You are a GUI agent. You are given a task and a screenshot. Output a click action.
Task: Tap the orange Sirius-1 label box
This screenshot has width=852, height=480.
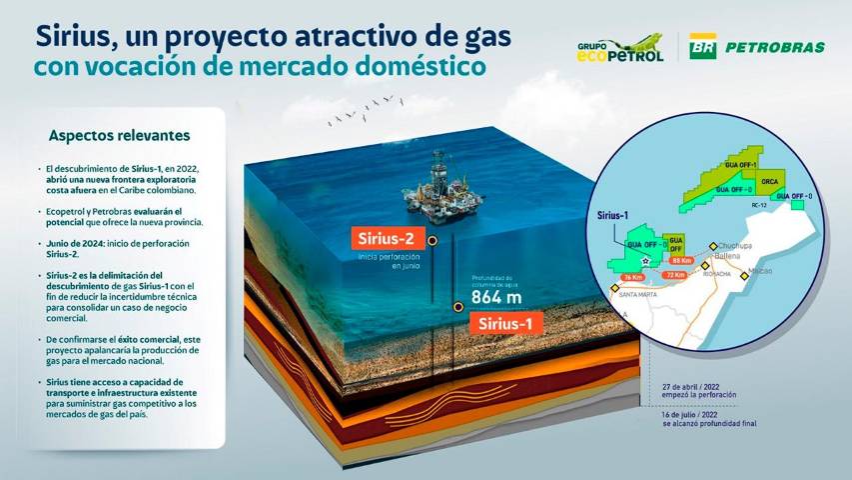[x=508, y=324]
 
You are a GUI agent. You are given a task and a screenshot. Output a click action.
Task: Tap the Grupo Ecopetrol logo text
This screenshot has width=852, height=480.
[x=619, y=51]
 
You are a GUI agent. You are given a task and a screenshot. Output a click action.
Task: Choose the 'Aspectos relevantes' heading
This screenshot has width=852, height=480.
[x=119, y=135]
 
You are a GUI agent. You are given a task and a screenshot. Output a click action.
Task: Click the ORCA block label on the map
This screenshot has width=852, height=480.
[x=769, y=181]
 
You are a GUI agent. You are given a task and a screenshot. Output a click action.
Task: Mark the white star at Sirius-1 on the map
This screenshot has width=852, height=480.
[x=645, y=261]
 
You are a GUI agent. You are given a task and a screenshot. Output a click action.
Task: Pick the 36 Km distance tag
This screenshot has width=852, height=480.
[x=632, y=278]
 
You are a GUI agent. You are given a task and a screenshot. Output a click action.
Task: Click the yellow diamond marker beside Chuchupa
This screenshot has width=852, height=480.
[x=712, y=247]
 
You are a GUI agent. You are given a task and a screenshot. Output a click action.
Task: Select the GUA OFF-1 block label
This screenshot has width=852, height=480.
[x=741, y=164]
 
